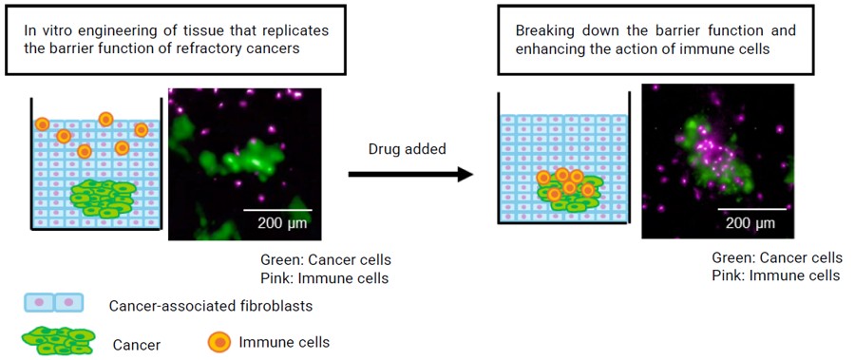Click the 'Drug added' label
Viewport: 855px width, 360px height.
(x=407, y=149)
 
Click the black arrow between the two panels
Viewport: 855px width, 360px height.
(x=410, y=174)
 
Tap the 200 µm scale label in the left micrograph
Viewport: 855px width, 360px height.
(x=282, y=224)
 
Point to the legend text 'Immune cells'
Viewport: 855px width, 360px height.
(x=283, y=341)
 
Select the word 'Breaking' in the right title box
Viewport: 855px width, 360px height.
(x=545, y=29)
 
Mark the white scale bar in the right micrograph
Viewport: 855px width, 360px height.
(x=751, y=209)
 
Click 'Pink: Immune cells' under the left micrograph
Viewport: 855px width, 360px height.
(x=324, y=278)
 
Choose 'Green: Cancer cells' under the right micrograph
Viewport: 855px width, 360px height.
(x=777, y=257)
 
